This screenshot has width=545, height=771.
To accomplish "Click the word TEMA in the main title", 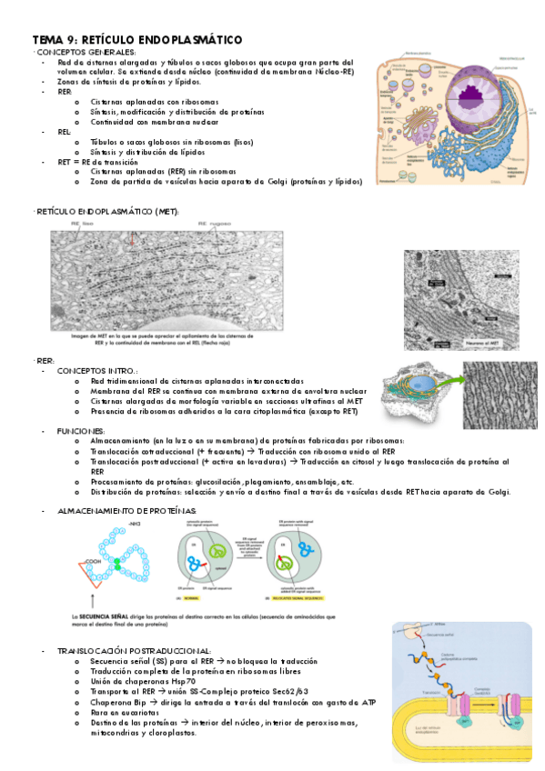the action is [x=48, y=40].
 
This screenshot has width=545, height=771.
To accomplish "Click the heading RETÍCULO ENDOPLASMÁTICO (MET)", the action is [x=108, y=212].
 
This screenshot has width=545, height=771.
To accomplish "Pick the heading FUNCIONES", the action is [x=81, y=430].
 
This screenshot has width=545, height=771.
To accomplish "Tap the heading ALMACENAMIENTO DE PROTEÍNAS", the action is [x=126, y=513].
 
